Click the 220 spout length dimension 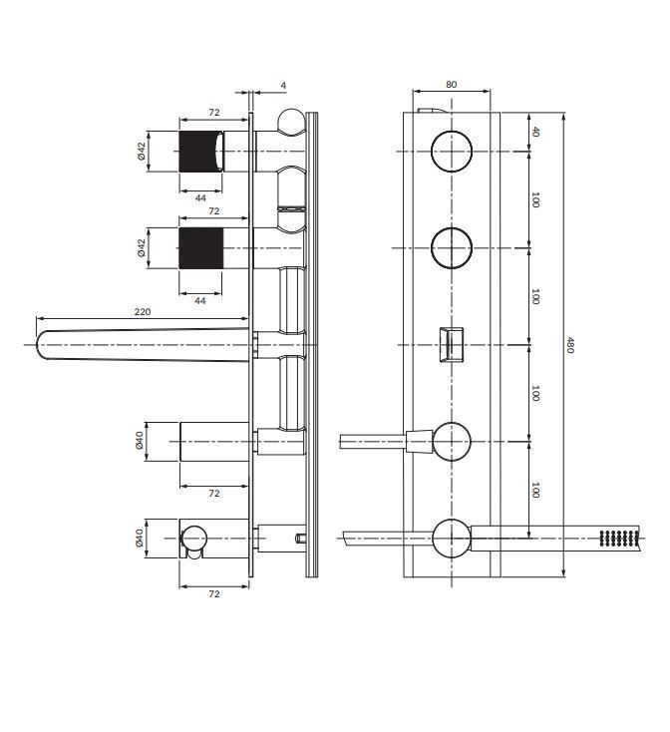[x=143, y=312]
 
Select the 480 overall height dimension [x=570, y=345]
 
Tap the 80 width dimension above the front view [x=452, y=85]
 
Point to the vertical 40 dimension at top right [x=535, y=131]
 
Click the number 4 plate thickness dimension [x=283, y=87]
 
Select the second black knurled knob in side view [x=199, y=248]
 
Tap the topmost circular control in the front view [x=452, y=151]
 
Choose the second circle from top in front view [x=452, y=248]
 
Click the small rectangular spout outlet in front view [x=452, y=345]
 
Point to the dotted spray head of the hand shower [x=617, y=539]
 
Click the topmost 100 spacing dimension [x=535, y=199]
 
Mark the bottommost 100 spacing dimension [x=535, y=490]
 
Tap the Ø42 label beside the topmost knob [x=142, y=151]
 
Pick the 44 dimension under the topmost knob [x=199, y=197]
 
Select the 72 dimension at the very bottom [x=213, y=593]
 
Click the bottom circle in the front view [x=452, y=538]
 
